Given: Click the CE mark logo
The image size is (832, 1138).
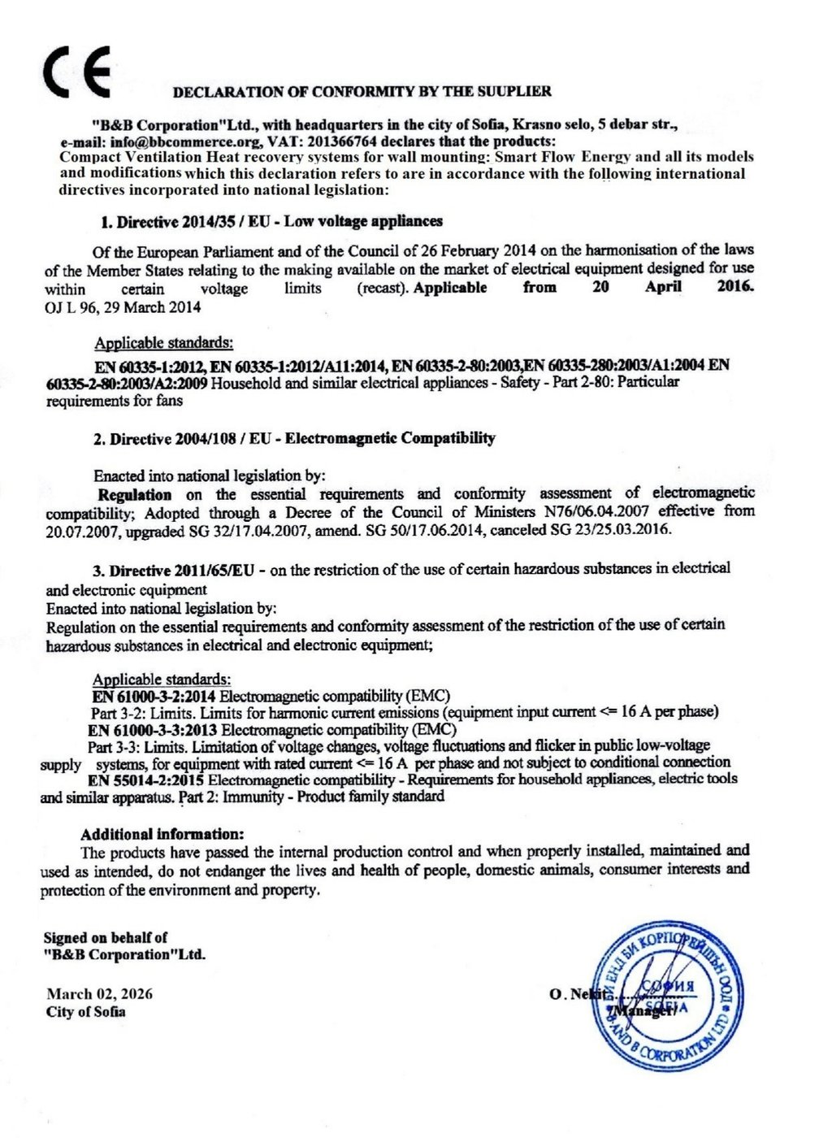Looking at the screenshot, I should (77, 73).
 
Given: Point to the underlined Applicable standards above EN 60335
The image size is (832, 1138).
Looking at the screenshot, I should (163, 343).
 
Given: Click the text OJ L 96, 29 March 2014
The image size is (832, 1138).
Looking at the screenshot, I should (123, 307).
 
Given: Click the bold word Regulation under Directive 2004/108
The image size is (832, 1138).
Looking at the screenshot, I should (135, 494).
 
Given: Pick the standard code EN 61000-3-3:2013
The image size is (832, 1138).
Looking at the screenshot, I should (152, 730).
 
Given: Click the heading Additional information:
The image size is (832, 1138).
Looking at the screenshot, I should (162, 834).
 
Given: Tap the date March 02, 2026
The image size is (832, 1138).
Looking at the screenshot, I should (99, 994).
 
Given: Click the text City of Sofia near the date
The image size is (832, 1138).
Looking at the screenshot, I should (86, 1012).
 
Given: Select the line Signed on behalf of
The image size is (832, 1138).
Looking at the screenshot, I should (106, 937).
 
